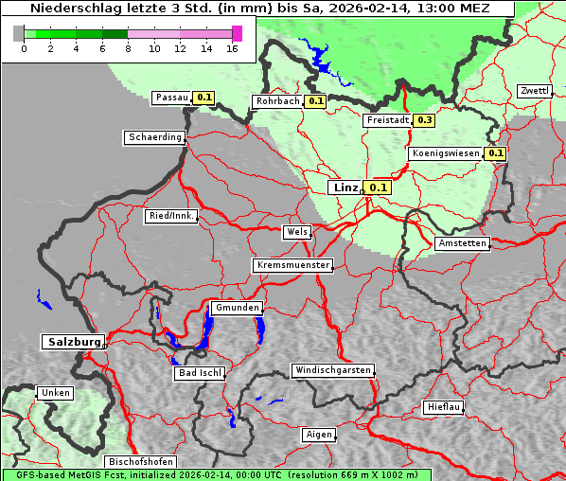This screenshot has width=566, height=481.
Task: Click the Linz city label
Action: [345, 187]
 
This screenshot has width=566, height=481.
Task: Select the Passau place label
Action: [171, 97]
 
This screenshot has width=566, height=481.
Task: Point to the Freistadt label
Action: [387, 120]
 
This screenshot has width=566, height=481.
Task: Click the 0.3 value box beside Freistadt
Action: [425, 120]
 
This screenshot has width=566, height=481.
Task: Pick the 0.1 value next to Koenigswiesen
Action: [496, 153]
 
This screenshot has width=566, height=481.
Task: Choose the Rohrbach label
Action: [276, 101]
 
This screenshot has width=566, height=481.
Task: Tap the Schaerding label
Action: [154, 137]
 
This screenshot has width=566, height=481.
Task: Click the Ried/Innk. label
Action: [171, 216]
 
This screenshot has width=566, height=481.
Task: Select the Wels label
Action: [296, 232]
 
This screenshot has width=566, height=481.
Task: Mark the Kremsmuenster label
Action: [292, 265]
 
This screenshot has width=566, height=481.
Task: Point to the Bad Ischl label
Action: [200, 373]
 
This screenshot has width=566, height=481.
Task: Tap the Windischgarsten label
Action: [331, 370]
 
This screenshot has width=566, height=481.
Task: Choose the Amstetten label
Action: [462, 243]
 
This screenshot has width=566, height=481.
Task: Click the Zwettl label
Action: [534, 91]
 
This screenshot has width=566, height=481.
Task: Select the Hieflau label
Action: [444, 407]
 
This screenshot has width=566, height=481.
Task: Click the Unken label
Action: [55, 392]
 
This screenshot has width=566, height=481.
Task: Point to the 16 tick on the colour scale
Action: [233, 48]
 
